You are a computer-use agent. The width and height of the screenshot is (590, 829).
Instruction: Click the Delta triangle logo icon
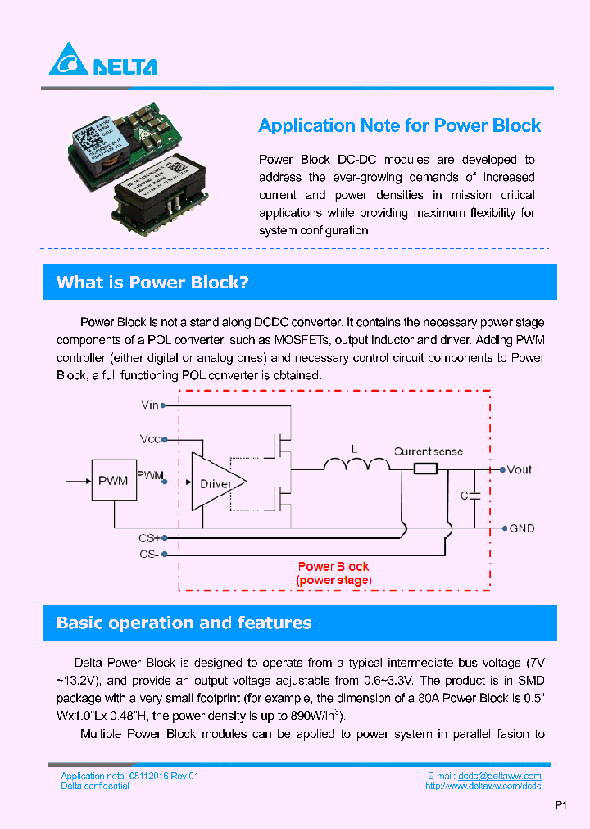pos(68,60)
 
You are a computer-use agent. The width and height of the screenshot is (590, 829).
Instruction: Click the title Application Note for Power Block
pos(399,125)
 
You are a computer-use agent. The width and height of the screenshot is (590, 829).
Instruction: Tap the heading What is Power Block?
pos(152,283)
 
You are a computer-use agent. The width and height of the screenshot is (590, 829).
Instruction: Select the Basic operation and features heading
pos(184,623)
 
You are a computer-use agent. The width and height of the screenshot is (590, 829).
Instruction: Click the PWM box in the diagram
pos(113,481)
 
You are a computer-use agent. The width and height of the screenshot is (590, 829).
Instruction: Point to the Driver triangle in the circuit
pos(216,483)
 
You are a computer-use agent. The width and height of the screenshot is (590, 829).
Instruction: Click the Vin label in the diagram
pos(150,405)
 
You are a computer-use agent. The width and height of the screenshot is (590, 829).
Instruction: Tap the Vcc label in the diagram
pos(150,439)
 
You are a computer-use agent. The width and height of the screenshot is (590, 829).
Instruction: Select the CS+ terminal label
pos(150,538)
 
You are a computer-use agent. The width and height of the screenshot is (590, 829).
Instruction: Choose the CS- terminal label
pos(150,555)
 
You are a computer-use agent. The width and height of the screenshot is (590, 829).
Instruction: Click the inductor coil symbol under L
pos(356,464)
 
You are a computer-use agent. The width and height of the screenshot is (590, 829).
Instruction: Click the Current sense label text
pos(428,451)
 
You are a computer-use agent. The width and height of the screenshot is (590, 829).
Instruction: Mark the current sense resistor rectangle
pos(425,469)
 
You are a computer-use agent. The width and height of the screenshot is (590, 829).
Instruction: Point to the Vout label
pos(520,469)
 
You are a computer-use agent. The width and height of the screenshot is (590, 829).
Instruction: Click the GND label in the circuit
pos(522,528)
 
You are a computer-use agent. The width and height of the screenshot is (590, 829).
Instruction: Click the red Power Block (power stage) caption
pos(334,573)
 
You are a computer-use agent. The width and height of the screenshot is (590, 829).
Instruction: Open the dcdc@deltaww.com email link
pos(499,776)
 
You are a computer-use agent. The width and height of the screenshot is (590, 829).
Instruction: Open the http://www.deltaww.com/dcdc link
pos(483,786)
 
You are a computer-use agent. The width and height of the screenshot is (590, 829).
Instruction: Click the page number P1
pos(561,805)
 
